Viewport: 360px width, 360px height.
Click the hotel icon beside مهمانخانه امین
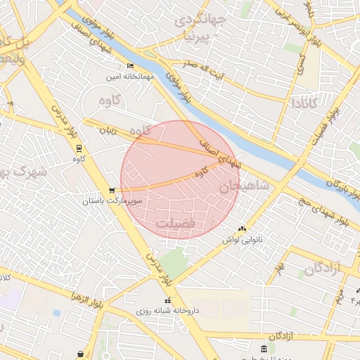129,66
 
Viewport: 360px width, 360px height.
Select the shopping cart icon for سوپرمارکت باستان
112,191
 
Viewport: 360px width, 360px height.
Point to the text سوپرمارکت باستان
112,202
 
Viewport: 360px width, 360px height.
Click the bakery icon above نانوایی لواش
243,229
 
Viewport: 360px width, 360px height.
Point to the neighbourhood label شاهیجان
244,186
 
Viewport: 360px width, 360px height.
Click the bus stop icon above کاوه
79,148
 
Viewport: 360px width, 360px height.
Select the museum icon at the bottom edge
264,349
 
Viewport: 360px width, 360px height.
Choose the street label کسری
302,65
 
